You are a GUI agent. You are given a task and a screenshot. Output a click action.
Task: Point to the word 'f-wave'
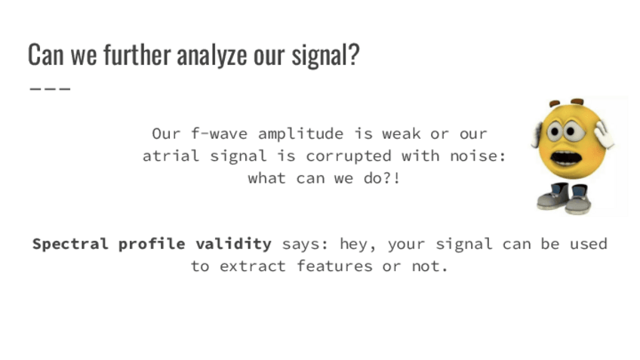(219, 134)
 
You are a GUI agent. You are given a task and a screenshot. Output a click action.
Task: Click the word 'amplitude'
(301, 134)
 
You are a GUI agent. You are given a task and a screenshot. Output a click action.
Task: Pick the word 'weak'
(402, 134)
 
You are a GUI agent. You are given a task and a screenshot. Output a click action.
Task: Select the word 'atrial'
(171, 155)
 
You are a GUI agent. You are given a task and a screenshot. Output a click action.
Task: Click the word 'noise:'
(478, 155)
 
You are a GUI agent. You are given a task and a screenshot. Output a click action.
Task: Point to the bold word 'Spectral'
(70, 245)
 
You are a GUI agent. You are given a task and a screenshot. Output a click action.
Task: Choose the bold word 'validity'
(233, 245)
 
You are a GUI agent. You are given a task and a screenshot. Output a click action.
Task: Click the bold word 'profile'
(152, 245)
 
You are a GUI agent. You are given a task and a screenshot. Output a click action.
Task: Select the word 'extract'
(253, 266)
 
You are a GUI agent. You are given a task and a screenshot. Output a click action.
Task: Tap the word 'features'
(334, 266)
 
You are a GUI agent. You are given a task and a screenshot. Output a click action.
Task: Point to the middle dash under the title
(51, 88)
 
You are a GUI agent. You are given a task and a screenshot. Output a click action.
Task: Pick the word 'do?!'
(382, 177)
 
